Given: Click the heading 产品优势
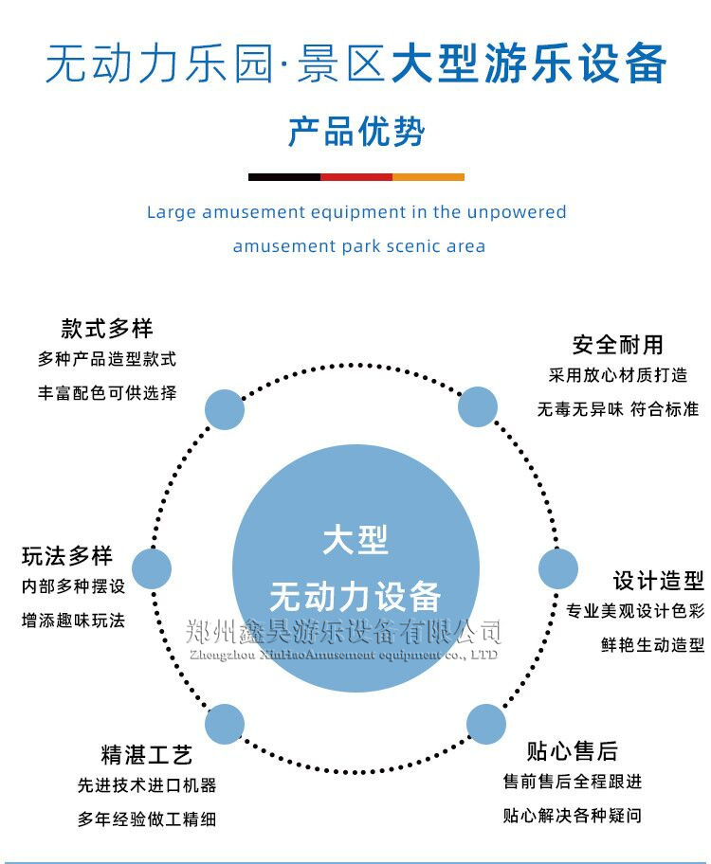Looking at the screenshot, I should click(355, 133).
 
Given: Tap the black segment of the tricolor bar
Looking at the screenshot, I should click(284, 177).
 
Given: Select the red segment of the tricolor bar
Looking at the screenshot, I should click(356, 177).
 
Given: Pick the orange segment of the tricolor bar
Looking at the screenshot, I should click(428, 177).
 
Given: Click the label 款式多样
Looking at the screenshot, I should click(107, 328).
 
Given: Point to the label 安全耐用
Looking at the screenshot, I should click(617, 344).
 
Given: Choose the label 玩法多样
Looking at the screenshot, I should click(67, 556).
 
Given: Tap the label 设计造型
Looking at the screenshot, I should click(658, 580).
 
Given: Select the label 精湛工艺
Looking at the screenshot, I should click(147, 755).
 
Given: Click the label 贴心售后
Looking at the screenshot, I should click(573, 751).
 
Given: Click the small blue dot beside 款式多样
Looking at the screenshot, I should click(225, 409).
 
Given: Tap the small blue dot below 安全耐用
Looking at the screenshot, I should click(478, 406).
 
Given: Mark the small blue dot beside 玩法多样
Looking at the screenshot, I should click(152, 568).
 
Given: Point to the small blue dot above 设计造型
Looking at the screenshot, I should click(558, 568).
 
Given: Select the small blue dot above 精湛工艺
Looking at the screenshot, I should click(225, 724).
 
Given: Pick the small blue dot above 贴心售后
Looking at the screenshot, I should click(486, 724).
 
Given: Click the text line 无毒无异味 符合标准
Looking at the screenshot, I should click(617, 409).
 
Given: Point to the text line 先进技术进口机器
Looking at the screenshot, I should click(147, 785).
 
